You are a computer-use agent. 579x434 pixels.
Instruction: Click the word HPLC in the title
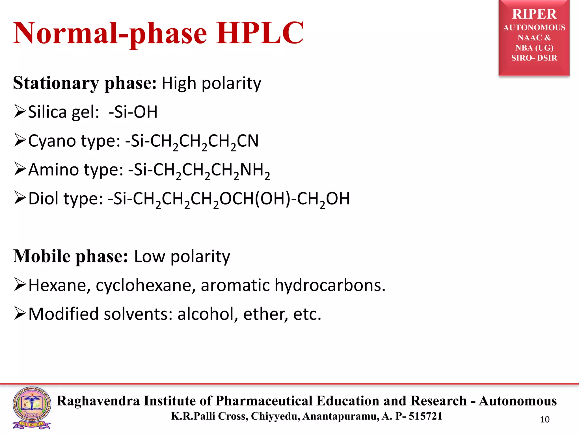260,33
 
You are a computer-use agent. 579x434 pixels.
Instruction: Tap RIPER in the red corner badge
534,14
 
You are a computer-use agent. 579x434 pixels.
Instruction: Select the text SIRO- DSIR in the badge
534,58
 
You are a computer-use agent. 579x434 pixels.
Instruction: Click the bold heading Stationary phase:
85,83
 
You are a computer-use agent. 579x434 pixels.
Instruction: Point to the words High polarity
211,83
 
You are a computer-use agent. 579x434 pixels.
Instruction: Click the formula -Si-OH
133,112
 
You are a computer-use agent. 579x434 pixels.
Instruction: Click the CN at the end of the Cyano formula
248,141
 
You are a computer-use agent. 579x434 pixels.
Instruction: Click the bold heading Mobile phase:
70,256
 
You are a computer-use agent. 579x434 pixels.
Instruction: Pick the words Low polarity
182,256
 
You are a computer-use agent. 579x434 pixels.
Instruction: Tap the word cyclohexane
146,285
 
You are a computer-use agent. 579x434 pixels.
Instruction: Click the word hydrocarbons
330,285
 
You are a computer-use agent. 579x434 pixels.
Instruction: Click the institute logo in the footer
32,407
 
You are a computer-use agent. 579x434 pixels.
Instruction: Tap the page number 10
545,419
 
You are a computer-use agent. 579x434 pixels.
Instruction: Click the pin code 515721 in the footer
425,416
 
